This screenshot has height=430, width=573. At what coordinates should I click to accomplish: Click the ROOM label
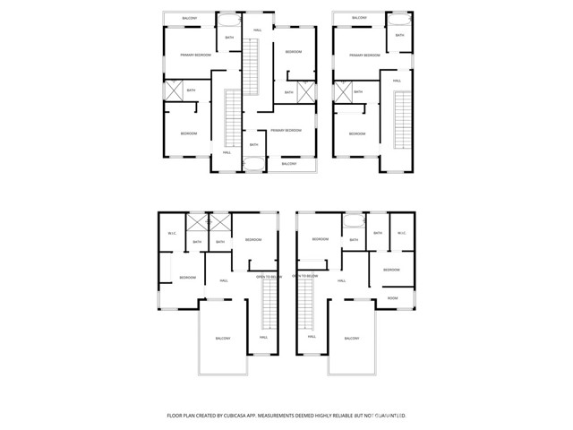(x=392, y=297)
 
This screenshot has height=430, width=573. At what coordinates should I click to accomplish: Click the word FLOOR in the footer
(x=175, y=416)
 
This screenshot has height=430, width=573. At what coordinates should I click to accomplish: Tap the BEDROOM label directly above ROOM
(x=392, y=270)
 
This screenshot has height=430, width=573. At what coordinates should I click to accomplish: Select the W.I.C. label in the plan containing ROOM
(x=401, y=234)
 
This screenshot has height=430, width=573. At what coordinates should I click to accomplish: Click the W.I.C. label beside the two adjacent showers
(x=172, y=234)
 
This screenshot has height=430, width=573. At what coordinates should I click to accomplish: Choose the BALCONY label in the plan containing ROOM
(x=351, y=338)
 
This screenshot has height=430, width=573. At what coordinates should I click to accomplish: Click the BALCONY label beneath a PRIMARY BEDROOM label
(x=289, y=164)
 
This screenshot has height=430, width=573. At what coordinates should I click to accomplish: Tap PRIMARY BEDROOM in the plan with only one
(x=364, y=56)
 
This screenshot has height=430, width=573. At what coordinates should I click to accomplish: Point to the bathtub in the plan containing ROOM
(x=354, y=221)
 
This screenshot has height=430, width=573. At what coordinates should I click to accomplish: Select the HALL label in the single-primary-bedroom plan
(x=397, y=82)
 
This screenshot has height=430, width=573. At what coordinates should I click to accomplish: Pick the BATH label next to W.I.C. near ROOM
(x=378, y=233)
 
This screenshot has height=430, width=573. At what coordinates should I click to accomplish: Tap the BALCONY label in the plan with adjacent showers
(x=222, y=338)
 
